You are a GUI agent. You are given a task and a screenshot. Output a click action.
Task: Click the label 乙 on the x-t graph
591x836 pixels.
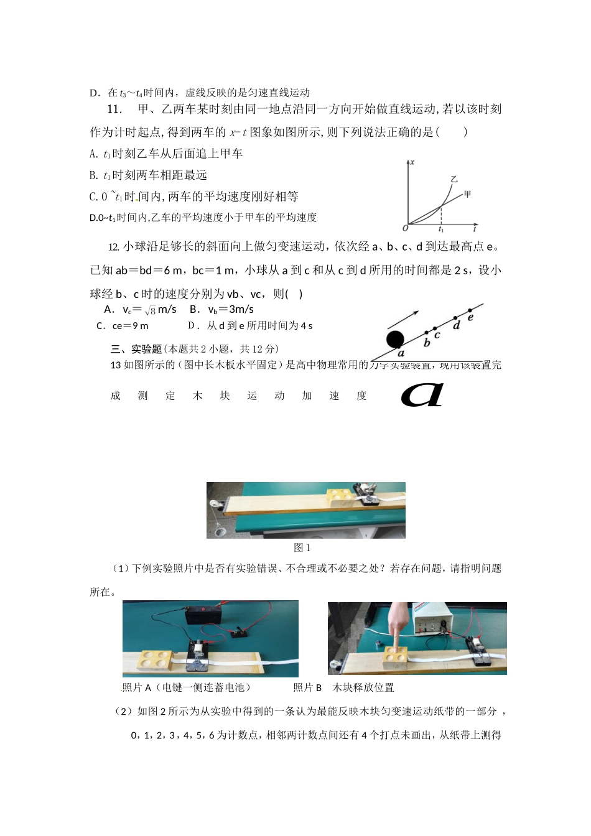(454, 179)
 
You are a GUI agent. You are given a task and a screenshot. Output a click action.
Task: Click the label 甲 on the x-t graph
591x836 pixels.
(467, 195)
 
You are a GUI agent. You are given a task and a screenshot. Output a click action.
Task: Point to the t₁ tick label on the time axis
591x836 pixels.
(441, 230)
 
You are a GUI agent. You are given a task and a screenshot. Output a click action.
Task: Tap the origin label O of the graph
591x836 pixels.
(405, 228)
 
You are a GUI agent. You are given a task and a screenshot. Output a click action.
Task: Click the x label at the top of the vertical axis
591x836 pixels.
(412, 162)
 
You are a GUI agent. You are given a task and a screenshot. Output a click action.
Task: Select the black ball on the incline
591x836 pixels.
(395, 340)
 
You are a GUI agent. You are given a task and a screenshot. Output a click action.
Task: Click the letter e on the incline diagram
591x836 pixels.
(470, 317)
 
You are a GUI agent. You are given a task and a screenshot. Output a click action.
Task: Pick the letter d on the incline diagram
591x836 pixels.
(457, 325)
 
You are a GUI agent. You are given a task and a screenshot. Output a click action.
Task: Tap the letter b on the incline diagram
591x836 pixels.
(427, 342)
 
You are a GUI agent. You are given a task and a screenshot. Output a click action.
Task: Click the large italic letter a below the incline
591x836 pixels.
(422, 394)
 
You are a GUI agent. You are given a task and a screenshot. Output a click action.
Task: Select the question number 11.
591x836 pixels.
(114, 109)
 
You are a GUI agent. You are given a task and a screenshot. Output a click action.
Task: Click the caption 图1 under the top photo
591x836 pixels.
(302, 548)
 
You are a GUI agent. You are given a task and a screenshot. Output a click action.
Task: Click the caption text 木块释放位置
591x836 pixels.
(363, 687)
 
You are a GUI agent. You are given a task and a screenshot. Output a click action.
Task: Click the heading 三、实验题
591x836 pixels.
(136, 349)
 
